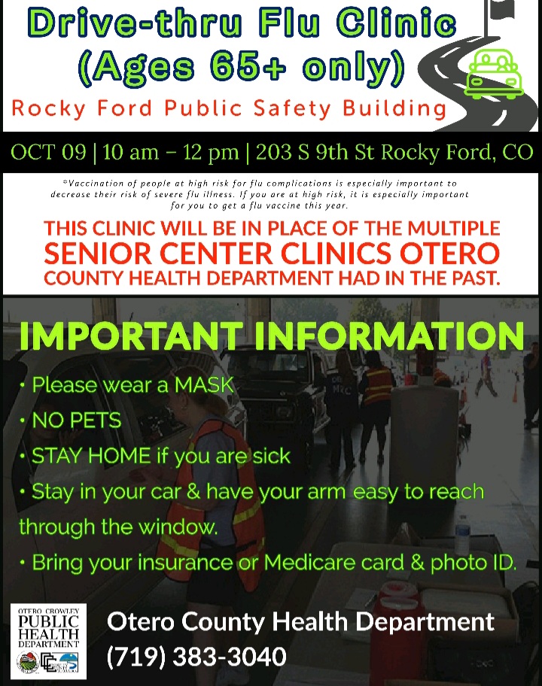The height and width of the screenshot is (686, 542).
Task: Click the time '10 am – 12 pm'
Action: coord(171,153)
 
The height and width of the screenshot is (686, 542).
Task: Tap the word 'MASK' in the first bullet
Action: coord(205,386)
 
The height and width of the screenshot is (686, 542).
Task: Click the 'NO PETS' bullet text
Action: coord(76,420)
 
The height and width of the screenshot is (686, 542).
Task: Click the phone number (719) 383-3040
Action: coord(196,657)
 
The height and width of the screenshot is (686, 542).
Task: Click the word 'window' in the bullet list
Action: coord(178,527)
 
